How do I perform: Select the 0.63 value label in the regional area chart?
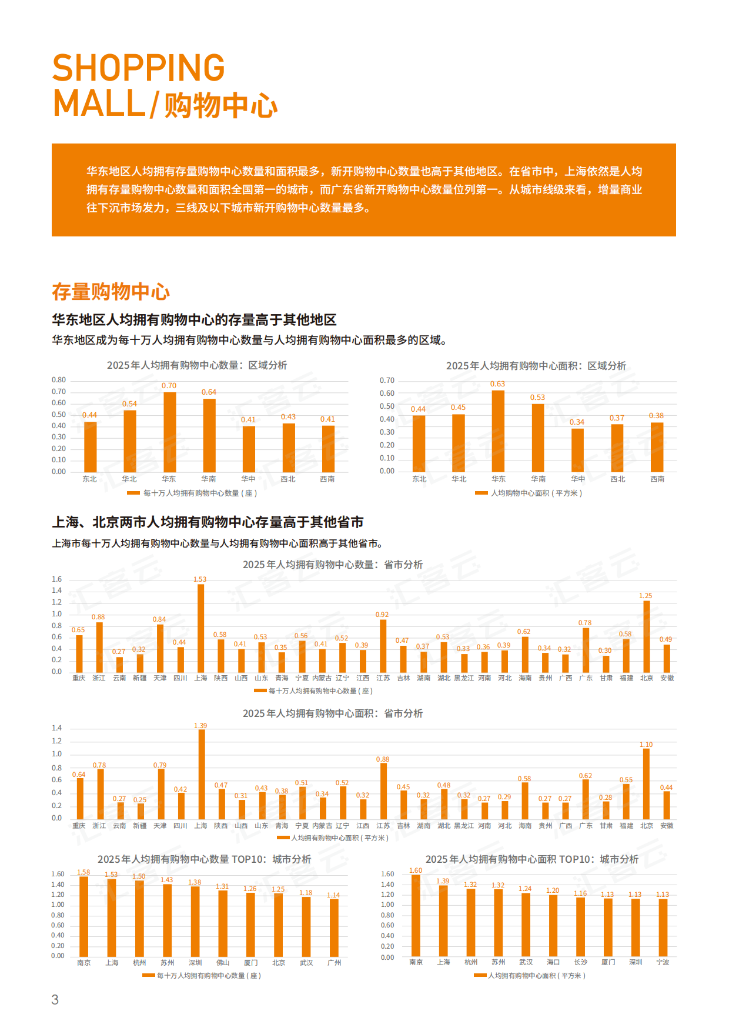[x=497, y=384]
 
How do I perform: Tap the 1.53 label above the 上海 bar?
[x=200, y=579]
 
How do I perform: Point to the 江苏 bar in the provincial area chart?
[x=383, y=791]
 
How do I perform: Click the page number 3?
[x=55, y=999]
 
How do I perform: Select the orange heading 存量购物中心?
[x=111, y=292]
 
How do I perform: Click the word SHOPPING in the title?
[x=139, y=68]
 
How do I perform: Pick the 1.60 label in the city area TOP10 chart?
[x=416, y=870]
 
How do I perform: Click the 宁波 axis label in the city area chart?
[x=663, y=962]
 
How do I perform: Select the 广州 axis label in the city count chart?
[x=334, y=963]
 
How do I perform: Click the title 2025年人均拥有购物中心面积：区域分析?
[x=536, y=366]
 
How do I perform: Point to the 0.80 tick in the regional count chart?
[x=59, y=380]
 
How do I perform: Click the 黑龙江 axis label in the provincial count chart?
[x=464, y=678]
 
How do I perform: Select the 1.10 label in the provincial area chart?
[x=646, y=745]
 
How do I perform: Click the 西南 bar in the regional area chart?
[x=657, y=447]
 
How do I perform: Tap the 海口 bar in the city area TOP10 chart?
[x=553, y=926]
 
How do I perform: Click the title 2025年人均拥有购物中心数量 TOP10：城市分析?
[x=204, y=859]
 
